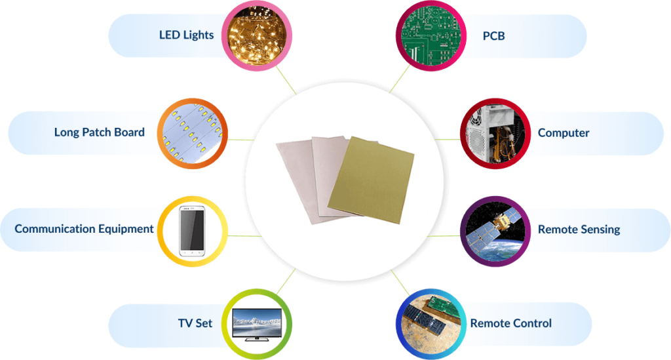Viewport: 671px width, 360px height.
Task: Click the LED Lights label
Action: (186, 35)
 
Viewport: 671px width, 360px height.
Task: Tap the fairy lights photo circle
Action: (257, 35)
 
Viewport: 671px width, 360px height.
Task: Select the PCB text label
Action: (494, 36)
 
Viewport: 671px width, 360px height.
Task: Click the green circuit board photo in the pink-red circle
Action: (431, 35)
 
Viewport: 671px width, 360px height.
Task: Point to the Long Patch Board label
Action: (100, 132)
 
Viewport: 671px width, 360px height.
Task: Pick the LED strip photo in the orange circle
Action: (193, 134)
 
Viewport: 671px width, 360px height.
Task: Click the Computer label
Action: (564, 133)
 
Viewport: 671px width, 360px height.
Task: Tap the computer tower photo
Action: (495, 134)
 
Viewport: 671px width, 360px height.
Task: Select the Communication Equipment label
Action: (85, 229)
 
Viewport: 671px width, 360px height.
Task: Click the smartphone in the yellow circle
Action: (192, 231)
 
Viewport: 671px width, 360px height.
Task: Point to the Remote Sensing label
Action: (579, 230)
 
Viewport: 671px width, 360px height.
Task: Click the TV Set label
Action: (195, 323)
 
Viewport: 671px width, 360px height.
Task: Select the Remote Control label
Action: (511, 323)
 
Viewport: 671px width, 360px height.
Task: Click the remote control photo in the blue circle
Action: (431, 324)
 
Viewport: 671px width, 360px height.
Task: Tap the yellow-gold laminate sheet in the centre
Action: (371, 180)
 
